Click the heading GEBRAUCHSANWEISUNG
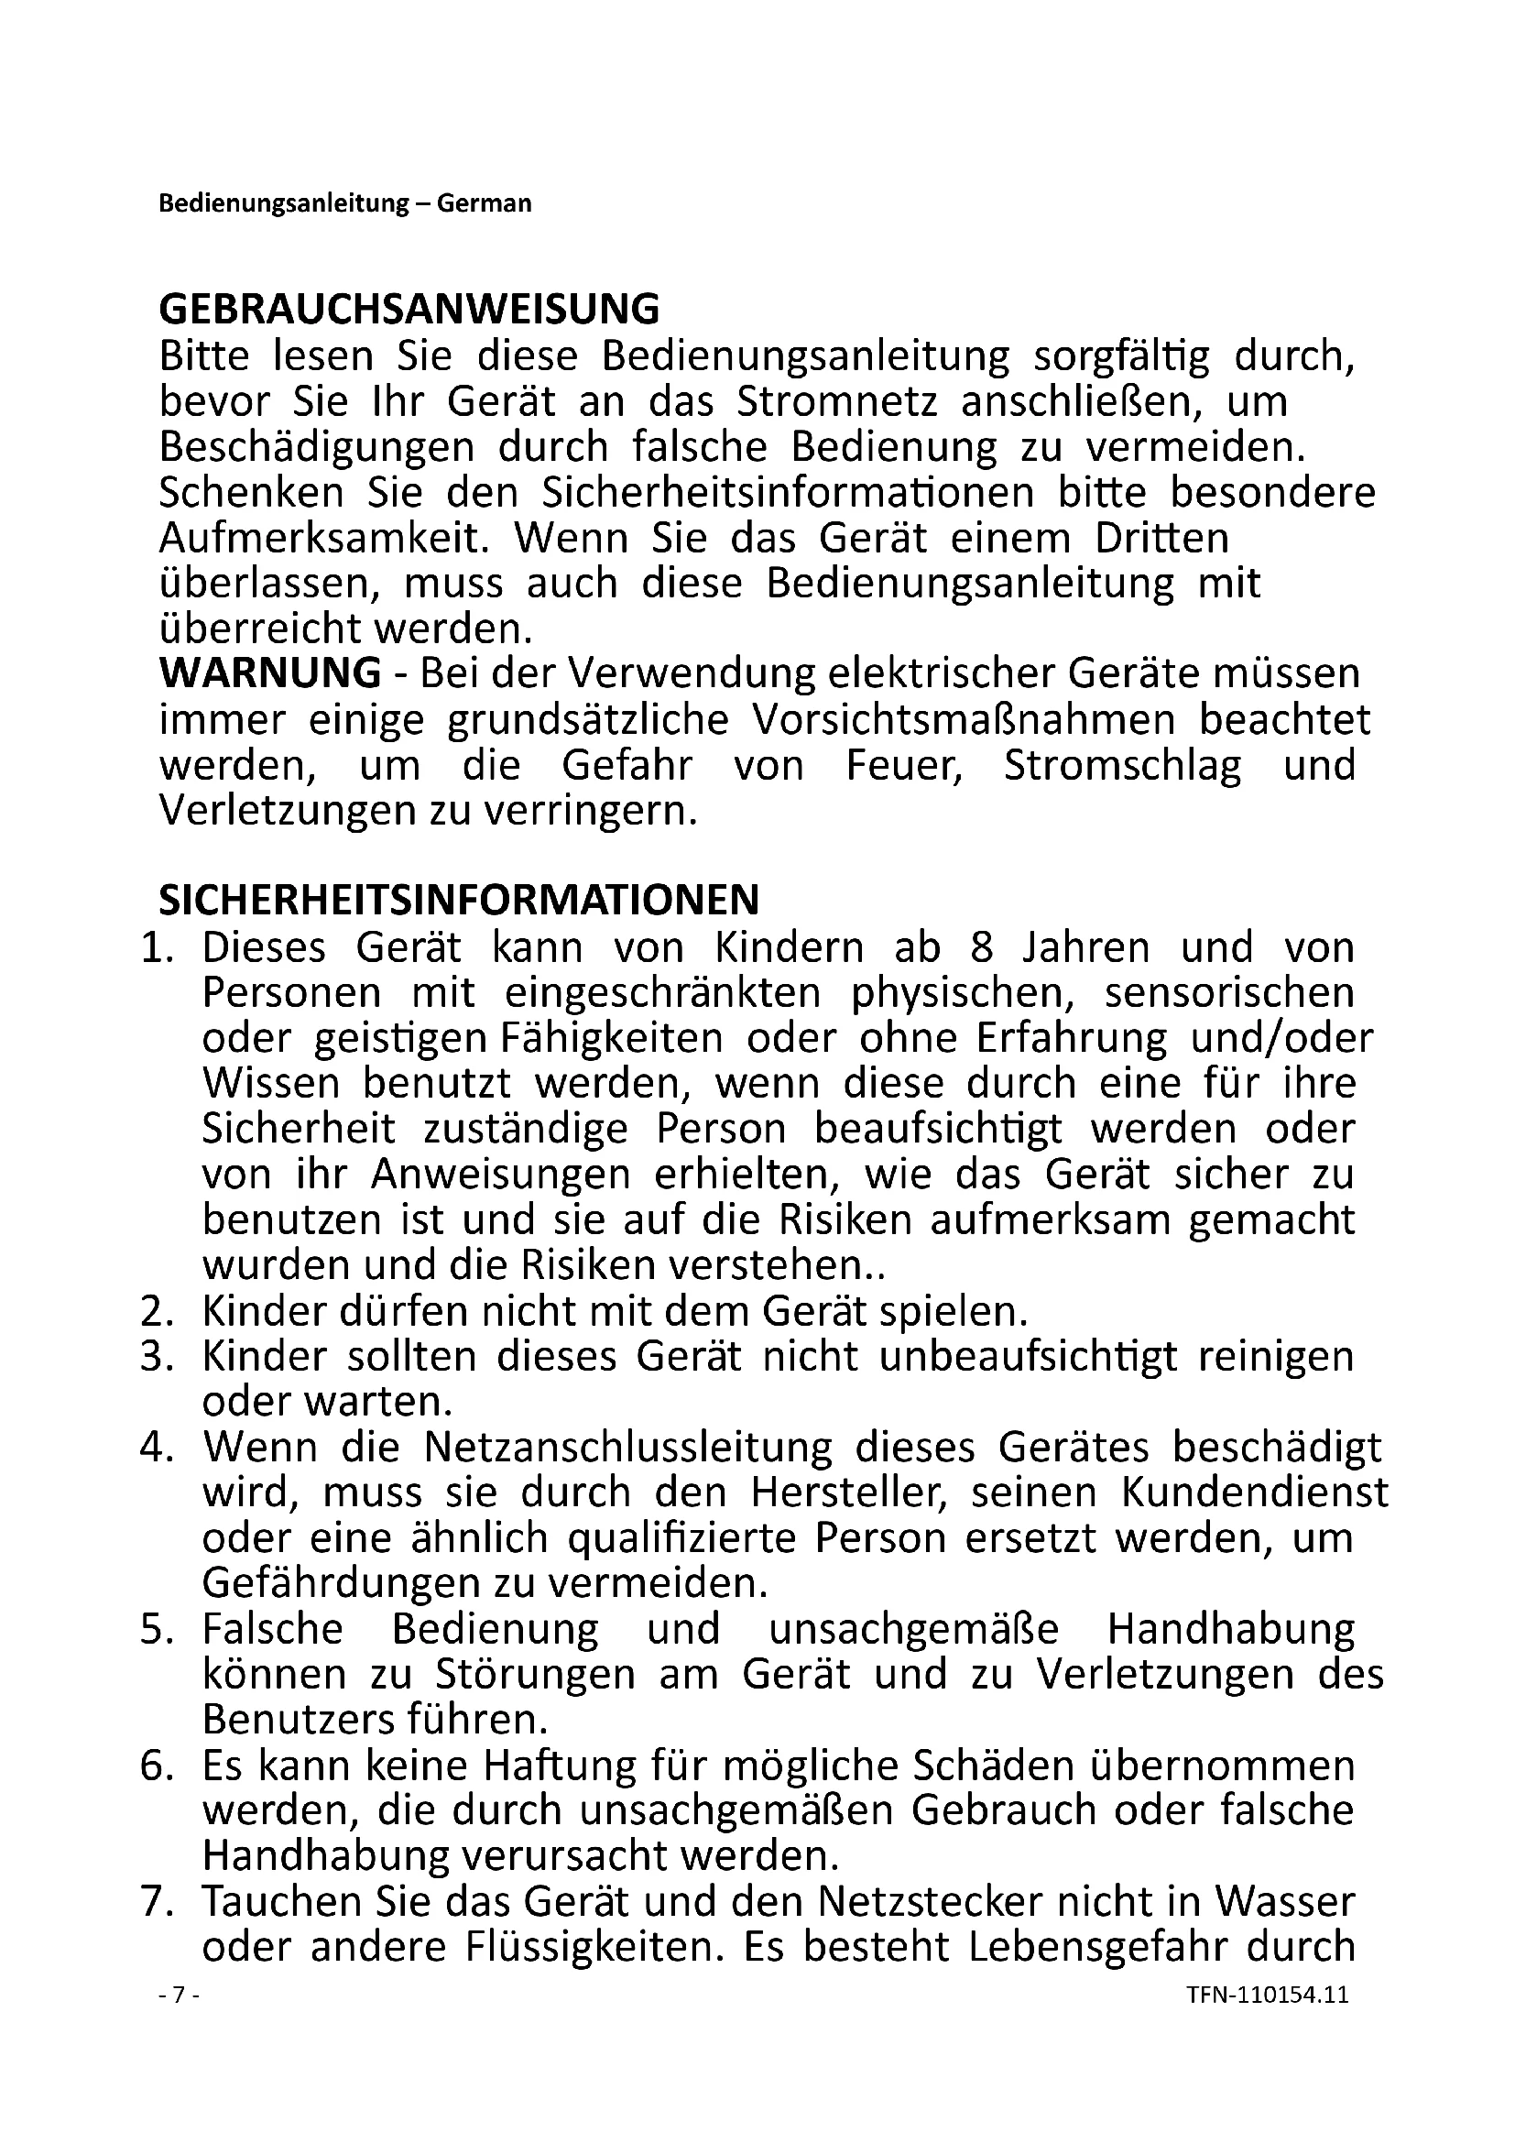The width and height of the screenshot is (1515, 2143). (409, 309)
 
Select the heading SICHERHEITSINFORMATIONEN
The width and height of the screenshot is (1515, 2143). (459, 901)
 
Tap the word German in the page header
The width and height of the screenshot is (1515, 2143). (485, 203)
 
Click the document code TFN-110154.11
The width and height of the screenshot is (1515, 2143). (1268, 1995)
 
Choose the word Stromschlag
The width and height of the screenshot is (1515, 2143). (1122, 765)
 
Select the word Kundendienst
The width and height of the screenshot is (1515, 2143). (1255, 1493)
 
